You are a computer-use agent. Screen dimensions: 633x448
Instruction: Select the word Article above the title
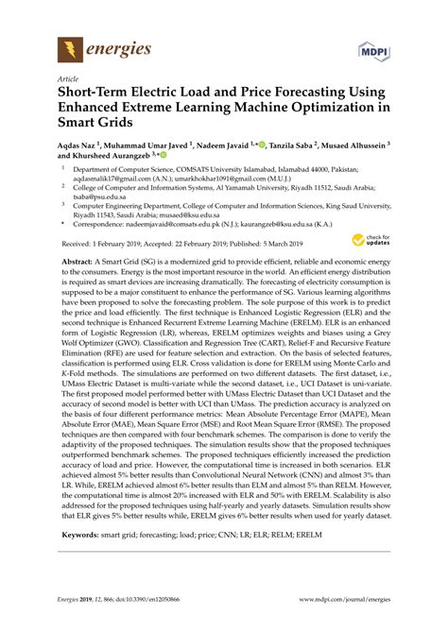(69, 80)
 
